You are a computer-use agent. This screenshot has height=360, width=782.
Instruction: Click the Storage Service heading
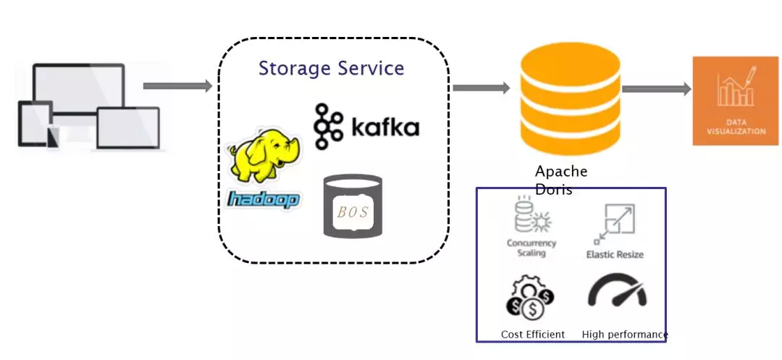coord(331,69)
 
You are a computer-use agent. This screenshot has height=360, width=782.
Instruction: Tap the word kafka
coord(384,128)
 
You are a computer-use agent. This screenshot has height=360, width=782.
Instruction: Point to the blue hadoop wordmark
coord(263,198)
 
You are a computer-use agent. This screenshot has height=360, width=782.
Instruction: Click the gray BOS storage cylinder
coord(353,206)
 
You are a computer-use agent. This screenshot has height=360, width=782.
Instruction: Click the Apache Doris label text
coord(561,180)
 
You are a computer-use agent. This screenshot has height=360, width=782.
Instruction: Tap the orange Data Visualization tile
coord(736,101)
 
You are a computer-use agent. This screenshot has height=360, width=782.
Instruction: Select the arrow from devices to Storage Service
coord(177,86)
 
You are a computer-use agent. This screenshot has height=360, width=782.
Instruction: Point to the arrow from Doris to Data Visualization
coord(656,89)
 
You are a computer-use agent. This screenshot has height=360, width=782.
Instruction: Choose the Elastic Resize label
coord(615,255)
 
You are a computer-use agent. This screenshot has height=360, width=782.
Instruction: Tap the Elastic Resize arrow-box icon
coord(614,223)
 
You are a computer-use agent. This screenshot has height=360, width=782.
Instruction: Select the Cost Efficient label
coord(533,335)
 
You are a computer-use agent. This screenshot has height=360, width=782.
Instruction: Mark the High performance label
coord(624,335)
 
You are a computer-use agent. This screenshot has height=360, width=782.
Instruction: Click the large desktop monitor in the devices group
coord(77,91)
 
